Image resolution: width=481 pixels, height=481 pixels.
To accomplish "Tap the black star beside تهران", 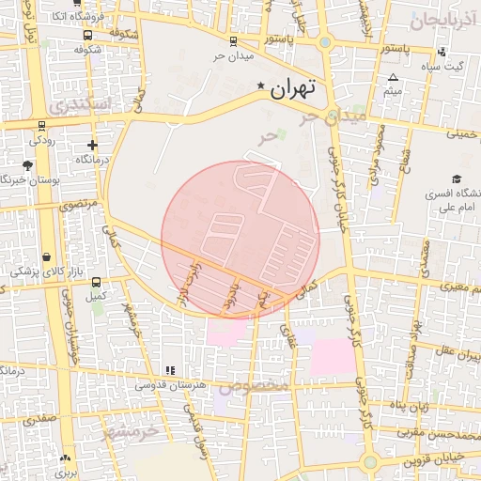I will [x=260, y=85].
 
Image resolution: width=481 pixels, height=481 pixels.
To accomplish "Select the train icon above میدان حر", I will [x=233, y=41].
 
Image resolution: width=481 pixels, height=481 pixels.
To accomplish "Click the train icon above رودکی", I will [x=41, y=125].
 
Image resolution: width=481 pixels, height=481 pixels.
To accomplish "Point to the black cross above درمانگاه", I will [x=92, y=145].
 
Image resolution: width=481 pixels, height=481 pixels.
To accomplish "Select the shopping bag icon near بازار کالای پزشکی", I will [x=47, y=256].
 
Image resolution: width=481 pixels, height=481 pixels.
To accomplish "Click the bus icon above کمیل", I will [x=94, y=281].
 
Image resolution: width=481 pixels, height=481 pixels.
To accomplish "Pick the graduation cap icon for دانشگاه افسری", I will [x=457, y=178].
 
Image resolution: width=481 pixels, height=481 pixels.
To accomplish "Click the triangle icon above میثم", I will [x=393, y=78].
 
